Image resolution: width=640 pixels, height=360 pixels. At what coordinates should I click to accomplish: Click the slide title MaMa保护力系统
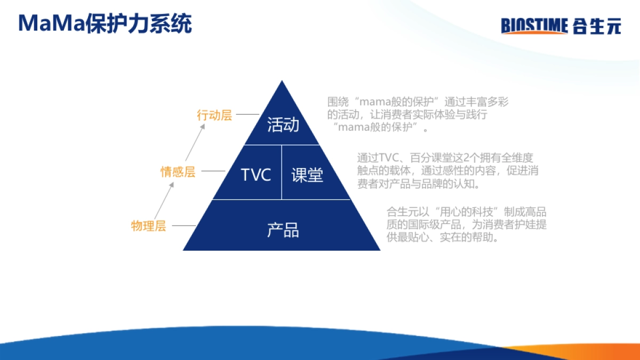[x=105, y=23]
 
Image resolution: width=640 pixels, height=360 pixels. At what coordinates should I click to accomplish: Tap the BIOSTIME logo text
[x=534, y=26]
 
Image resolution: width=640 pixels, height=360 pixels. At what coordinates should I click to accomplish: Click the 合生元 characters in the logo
[x=597, y=26]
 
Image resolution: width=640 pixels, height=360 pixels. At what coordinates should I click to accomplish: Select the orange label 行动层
[x=214, y=115]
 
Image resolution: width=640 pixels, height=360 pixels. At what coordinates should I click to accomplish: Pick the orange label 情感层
[x=178, y=171]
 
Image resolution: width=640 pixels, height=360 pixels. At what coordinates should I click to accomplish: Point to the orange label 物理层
[x=149, y=226]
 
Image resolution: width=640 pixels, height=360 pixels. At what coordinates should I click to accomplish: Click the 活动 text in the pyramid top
[x=283, y=125]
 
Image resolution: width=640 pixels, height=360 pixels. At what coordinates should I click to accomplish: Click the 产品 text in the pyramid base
[x=283, y=230]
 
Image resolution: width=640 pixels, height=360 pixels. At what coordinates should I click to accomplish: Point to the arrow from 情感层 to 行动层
[x=195, y=142]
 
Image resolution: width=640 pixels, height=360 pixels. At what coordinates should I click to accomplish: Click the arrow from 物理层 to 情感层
[x=164, y=201]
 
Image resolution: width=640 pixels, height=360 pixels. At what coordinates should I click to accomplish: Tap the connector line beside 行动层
[x=247, y=114]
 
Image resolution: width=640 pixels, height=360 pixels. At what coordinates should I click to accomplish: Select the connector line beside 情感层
[x=213, y=171]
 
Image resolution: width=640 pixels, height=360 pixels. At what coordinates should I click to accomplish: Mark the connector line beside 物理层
[x=183, y=226]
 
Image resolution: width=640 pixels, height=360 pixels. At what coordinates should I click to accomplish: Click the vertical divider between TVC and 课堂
[x=282, y=172]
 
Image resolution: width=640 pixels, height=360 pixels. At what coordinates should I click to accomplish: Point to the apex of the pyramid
[x=282, y=81]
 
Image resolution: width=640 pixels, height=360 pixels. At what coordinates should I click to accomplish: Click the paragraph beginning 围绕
[x=418, y=114]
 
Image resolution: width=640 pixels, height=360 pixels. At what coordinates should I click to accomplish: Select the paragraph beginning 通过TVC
[x=447, y=171]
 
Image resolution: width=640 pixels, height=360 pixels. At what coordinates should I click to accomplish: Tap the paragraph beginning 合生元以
[x=466, y=225]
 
